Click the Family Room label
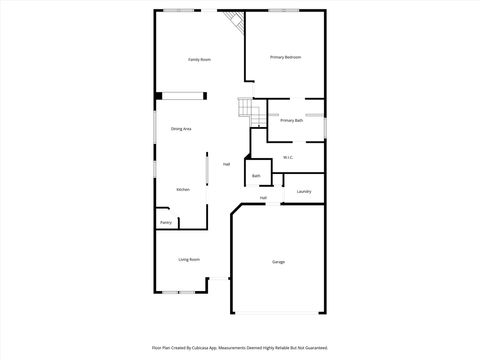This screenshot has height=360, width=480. [x=199, y=60]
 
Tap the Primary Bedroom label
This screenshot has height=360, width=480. [x=286, y=57]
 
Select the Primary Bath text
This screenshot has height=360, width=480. [x=291, y=121]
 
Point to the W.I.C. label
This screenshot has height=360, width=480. [x=287, y=157]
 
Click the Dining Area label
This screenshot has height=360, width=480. [x=181, y=129]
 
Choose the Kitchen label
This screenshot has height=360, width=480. [x=183, y=189]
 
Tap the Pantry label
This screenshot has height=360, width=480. [x=165, y=222]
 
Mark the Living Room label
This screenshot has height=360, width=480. [x=189, y=260]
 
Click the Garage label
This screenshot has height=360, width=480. [x=278, y=262]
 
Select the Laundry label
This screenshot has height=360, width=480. [x=304, y=191]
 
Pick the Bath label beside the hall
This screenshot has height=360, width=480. [x=256, y=176]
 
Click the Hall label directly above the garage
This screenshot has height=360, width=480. [x=263, y=198]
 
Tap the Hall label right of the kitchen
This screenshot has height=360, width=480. [x=226, y=164]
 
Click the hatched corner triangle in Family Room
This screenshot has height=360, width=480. [x=236, y=20]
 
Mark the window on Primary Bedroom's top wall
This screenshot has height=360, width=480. [x=283, y=10]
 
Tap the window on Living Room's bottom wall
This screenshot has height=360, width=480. [x=180, y=292]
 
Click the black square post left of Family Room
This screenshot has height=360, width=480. [x=157, y=96]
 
